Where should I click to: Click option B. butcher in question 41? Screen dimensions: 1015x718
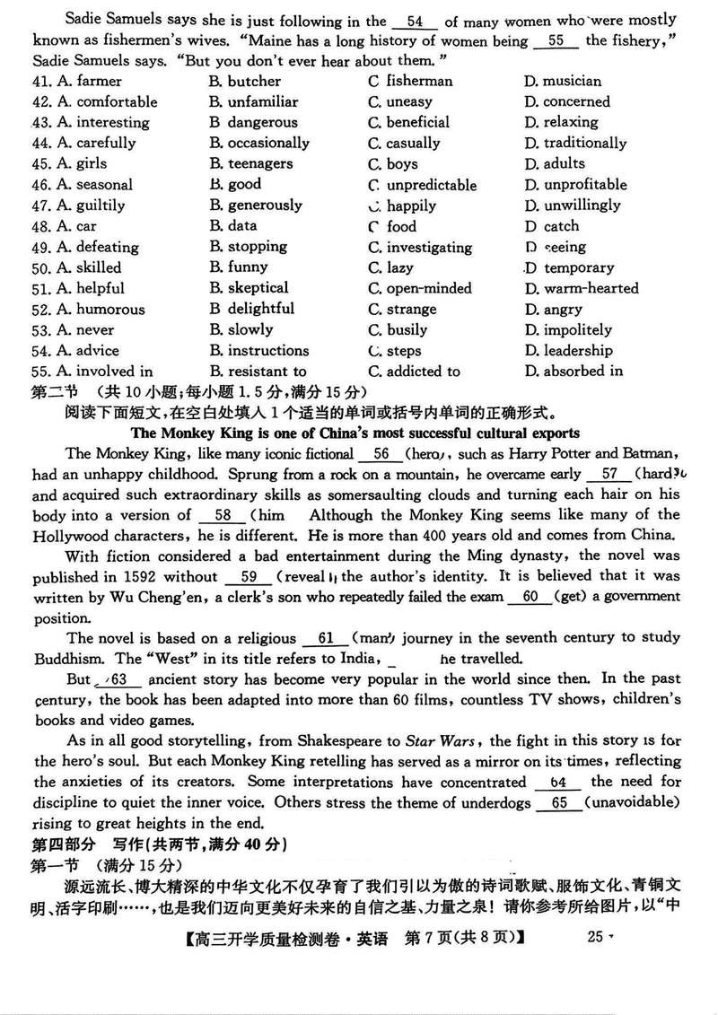(x=245, y=81)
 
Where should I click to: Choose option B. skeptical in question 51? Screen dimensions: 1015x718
(x=249, y=288)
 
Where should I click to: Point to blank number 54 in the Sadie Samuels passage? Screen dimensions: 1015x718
(x=414, y=21)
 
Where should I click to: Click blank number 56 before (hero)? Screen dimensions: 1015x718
(x=381, y=453)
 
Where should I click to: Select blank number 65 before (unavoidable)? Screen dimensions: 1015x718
(x=560, y=803)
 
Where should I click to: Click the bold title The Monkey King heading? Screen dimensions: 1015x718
(x=358, y=433)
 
